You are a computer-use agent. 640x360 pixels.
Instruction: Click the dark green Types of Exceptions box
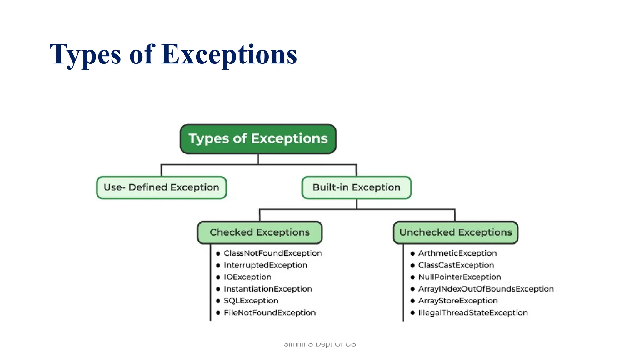pyautogui.click(x=258, y=139)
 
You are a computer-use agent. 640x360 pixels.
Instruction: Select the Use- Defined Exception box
pyautogui.click(x=161, y=187)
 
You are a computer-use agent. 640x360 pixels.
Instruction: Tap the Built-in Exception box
pyautogui.click(x=356, y=187)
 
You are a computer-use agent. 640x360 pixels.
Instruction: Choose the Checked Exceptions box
pyautogui.click(x=260, y=232)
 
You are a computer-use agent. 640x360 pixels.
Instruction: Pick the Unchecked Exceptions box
pyautogui.click(x=455, y=232)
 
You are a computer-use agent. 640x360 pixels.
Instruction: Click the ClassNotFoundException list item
pyautogui.click(x=272, y=253)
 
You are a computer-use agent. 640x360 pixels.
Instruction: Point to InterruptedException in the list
pyautogui.click(x=265, y=265)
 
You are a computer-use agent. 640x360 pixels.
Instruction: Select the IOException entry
pyautogui.click(x=247, y=277)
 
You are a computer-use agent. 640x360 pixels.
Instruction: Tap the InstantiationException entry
pyautogui.click(x=268, y=289)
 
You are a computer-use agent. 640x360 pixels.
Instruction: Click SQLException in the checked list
pyautogui.click(x=251, y=301)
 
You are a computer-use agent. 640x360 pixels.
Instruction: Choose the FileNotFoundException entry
pyautogui.click(x=270, y=312)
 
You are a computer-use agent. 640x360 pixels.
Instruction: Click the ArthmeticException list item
pyautogui.click(x=457, y=253)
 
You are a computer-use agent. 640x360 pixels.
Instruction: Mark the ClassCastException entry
pyautogui.click(x=456, y=265)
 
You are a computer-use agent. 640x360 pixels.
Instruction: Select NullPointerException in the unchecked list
pyautogui.click(x=459, y=277)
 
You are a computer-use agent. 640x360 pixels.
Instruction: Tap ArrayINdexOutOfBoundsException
pyautogui.click(x=486, y=289)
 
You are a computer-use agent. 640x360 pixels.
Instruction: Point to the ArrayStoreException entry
pyautogui.click(x=458, y=301)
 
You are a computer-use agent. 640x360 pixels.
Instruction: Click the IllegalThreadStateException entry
pyautogui.click(x=472, y=312)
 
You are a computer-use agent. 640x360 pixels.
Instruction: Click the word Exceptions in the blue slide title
pyautogui.click(x=229, y=54)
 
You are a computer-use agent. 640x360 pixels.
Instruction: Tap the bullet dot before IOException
pyautogui.click(x=218, y=277)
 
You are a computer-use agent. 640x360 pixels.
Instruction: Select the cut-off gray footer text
pyautogui.click(x=319, y=344)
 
